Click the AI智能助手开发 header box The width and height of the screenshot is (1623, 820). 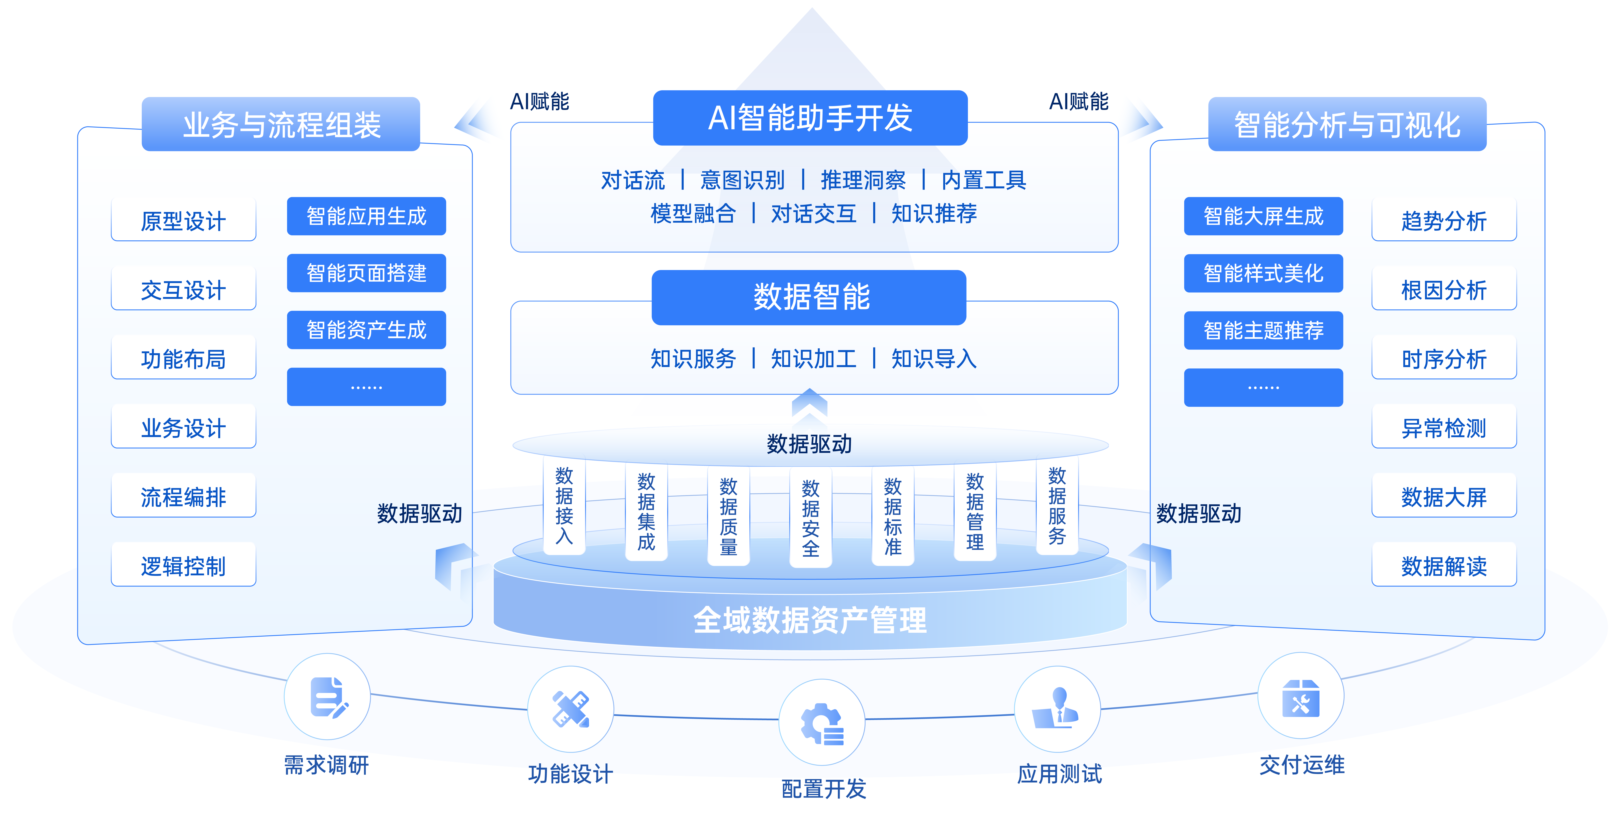[810, 118]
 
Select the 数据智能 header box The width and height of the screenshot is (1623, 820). [809, 297]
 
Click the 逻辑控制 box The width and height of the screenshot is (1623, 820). [183, 566]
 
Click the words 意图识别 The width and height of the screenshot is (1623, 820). [742, 180]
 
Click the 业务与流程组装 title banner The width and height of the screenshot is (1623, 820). [281, 124]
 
